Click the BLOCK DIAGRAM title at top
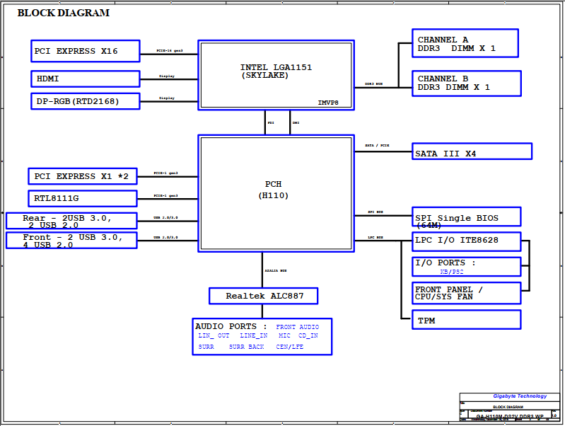[x=63, y=13]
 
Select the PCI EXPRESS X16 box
[x=86, y=51]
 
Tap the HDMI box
[x=86, y=79]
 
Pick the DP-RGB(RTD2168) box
[x=86, y=101]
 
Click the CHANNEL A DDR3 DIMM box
[x=465, y=43]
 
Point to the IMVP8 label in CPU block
[x=328, y=103]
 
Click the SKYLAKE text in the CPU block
[x=265, y=75]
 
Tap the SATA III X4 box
[x=472, y=151]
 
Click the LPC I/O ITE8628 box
[x=466, y=241]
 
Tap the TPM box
[x=466, y=320]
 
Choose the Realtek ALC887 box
[x=263, y=295]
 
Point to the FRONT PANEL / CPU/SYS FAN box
[x=466, y=293]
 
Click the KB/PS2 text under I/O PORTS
[x=452, y=271]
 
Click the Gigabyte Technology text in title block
[x=520, y=396]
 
